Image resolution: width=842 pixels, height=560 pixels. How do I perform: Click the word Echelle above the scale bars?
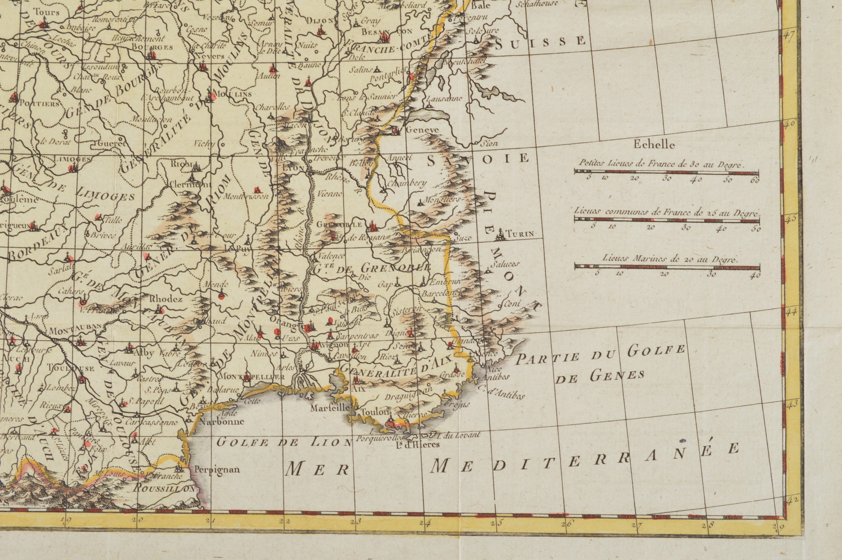(x=654, y=145)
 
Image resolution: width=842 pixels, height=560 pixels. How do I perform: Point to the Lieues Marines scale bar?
(x=667, y=267)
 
